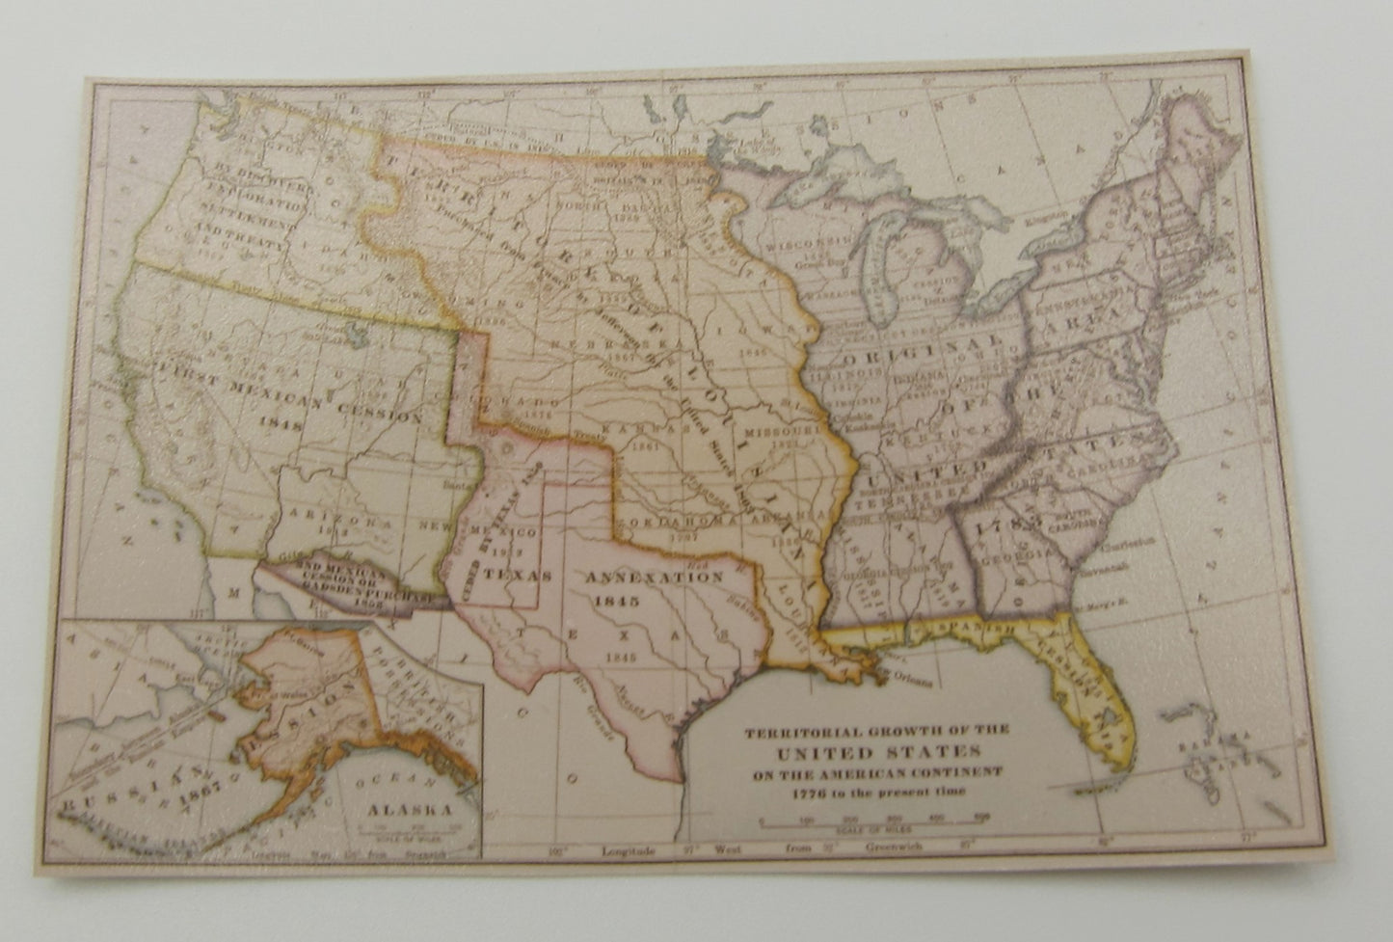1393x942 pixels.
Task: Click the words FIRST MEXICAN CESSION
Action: pos(289,391)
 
